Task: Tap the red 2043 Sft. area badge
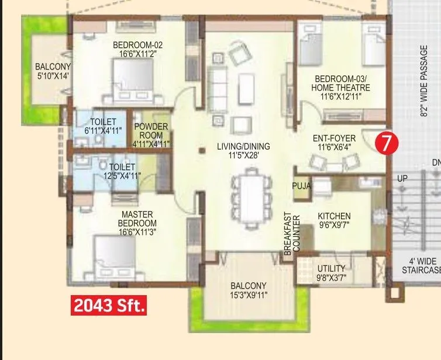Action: point(109,305)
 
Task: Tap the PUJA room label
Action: point(301,186)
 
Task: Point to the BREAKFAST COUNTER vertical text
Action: point(292,232)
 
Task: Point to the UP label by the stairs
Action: point(402,178)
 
